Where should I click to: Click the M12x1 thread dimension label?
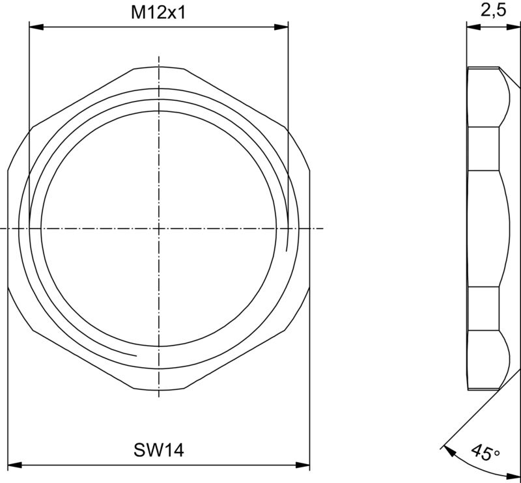158,12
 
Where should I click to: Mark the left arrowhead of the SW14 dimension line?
14,465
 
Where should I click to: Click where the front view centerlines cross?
158,228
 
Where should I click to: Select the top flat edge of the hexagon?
158,66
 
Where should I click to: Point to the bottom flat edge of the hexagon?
158,390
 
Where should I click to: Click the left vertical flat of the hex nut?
7,228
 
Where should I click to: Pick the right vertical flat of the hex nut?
309,228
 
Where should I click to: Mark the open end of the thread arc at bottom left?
135,355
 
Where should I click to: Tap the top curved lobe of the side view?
505,98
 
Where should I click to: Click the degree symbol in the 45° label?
497,450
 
